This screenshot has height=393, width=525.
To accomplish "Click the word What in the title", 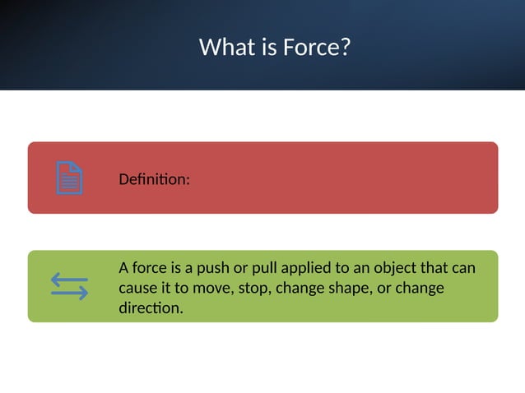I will tap(228, 47).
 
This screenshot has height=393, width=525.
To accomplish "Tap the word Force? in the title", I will tap(317, 47).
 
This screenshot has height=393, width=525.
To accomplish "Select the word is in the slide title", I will tap(270, 47).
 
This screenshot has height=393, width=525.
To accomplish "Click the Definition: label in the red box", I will tap(154, 178).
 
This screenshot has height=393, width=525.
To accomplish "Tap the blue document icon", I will tap(69, 178).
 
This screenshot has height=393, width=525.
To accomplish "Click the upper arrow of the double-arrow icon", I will tap(69, 279).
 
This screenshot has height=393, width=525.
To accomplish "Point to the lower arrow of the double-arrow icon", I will tap(69, 294).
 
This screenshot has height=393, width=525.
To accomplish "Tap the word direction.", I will tap(151, 309).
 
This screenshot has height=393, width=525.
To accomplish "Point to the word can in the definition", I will tap(464, 268).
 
